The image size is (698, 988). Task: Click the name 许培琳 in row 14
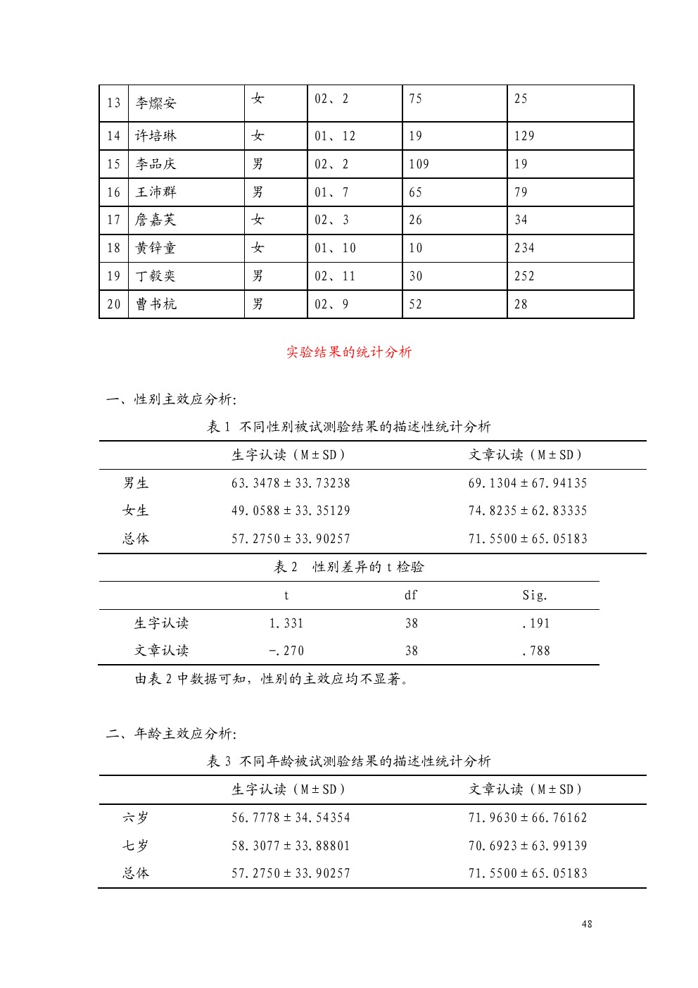(156, 136)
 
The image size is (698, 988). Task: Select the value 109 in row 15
(419, 164)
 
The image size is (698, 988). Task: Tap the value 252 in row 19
(524, 276)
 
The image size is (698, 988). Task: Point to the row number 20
(114, 304)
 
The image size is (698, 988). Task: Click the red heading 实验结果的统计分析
(349, 352)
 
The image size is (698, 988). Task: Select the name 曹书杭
(156, 304)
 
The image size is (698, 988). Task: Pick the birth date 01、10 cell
(335, 248)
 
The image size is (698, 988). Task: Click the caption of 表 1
(349, 427)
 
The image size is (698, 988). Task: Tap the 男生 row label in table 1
(136, 483)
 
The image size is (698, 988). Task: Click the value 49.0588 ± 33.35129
(291, 511)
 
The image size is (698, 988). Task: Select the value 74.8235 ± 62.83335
(528, 511)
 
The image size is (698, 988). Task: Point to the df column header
(411, 596)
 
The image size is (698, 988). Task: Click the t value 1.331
(286, 623)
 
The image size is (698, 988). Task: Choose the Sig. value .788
(536, 651)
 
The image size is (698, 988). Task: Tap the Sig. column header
(535, 596)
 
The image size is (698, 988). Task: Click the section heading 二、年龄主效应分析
(171, 734)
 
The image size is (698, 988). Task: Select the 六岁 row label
(136, 818)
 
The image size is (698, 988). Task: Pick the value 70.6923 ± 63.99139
(528, 846)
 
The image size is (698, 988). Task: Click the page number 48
(587, 924)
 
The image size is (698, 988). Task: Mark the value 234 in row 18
(524, 248)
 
